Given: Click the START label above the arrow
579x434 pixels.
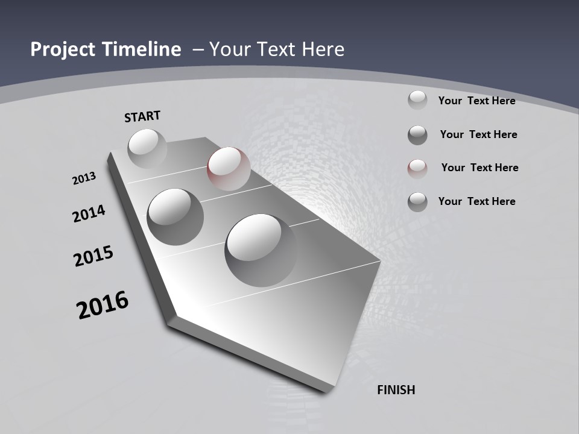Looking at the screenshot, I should point(142,116).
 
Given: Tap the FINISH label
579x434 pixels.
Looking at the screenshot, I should point(396,390).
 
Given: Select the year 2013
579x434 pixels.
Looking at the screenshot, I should point(84,178).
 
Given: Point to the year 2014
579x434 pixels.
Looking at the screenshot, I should point(89,213).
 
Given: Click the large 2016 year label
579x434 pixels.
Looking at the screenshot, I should point(103,305).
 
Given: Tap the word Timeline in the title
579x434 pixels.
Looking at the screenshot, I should point(144,49).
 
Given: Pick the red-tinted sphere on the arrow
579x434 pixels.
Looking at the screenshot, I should point(229,168).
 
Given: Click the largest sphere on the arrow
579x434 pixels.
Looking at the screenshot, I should point(260,250).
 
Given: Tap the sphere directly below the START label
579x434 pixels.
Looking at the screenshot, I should point(147,148).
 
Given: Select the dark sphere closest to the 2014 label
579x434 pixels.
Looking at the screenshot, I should point(175,216).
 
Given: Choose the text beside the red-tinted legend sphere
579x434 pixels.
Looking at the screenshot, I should point(479,168).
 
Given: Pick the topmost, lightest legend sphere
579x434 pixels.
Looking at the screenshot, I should point(417,100).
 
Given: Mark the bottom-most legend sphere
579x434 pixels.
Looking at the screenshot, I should point(417,202).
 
